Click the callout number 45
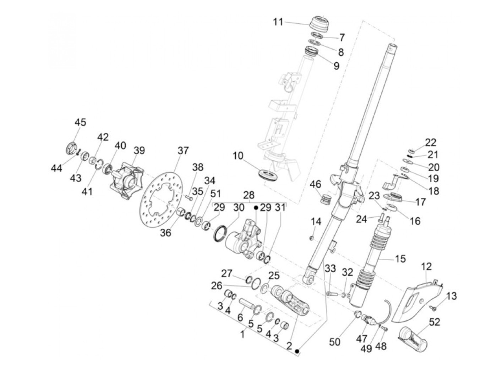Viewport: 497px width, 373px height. coord(81,122)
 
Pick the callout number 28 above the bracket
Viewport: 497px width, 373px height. coord(248,195)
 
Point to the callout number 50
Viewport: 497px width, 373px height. coord(334,342)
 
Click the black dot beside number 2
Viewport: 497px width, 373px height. coord(297,351)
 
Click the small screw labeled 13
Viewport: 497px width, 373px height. coord(433,308)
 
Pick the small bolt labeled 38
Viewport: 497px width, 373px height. coord(189,198)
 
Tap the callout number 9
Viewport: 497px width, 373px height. coord(337,66)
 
